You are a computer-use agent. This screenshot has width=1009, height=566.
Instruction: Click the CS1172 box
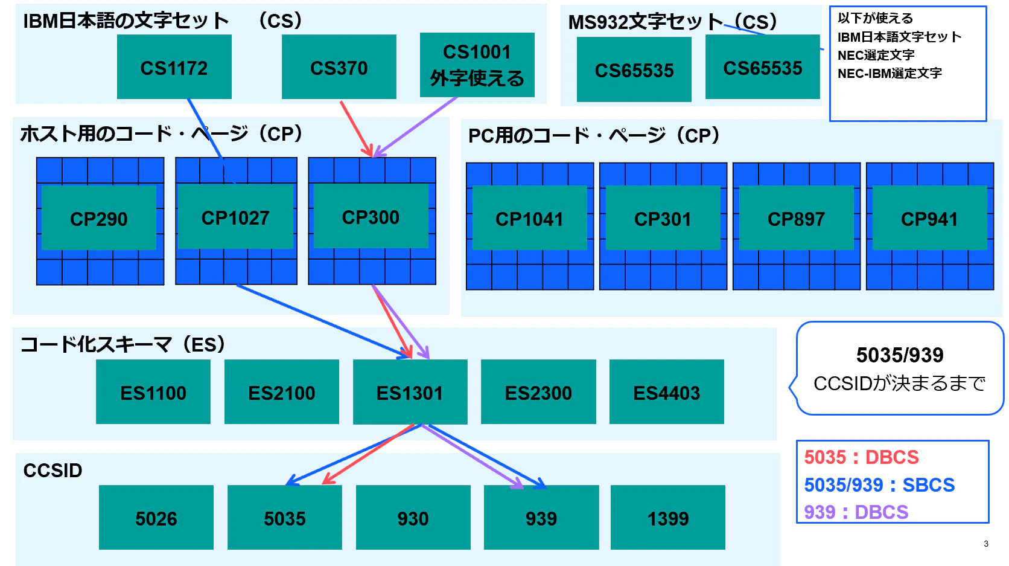click(174, 66)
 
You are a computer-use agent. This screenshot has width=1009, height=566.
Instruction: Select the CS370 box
click(339, 66)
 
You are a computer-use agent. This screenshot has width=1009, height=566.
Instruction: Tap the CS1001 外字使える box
click(477, 65)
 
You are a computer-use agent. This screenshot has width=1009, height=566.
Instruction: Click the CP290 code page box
click(99, 218)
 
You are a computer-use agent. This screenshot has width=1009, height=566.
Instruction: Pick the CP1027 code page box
click(235, 216)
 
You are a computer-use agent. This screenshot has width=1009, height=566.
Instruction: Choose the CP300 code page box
click(371, 216)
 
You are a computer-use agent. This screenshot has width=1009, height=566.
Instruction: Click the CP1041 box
click(530, 218)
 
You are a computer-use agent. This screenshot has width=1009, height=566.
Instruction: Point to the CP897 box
click(797, 218)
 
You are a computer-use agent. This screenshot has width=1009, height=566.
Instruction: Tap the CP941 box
click(930, 218)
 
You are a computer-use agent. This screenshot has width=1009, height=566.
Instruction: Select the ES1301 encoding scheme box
click(410, 392)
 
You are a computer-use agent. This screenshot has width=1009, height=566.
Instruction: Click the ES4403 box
click(667, 392)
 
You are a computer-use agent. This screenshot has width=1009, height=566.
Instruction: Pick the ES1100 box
click(153, 392)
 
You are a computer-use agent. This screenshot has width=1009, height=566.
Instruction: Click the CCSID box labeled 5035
click(285, 517)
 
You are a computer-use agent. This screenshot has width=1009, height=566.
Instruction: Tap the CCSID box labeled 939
click(541, 517)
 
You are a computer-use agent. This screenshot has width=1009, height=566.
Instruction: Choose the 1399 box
click(668, 517)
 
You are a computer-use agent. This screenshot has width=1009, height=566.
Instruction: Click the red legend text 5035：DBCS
click(861, 457)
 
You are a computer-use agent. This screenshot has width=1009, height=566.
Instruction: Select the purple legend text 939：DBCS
click(856, 512)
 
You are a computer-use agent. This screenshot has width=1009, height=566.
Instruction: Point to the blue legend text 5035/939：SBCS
click(879, 485)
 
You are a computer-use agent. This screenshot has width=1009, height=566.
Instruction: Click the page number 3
click(986, 544)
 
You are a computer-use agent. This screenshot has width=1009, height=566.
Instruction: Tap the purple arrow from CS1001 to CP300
click(415, 127)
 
